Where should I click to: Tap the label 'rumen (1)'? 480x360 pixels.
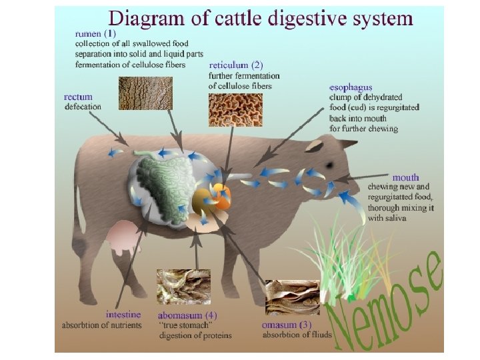(x=95, y=33)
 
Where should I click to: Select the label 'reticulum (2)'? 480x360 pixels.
(x=236, y=65)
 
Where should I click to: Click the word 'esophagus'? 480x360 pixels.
(x=351, y=87)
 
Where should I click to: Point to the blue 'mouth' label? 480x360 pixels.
(x=405, y=177)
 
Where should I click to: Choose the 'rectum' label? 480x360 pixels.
(x=79, y=97)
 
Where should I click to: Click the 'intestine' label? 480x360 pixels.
(x=123, y=314)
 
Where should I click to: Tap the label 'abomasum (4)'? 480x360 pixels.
(x=187, y=315)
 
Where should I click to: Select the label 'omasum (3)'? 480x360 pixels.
(x=286, y=324)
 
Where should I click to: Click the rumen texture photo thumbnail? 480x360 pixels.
(x=145, y=93)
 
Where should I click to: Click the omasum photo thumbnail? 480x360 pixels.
(x=292, y=297)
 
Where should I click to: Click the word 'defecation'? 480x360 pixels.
(x=83, y=107)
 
